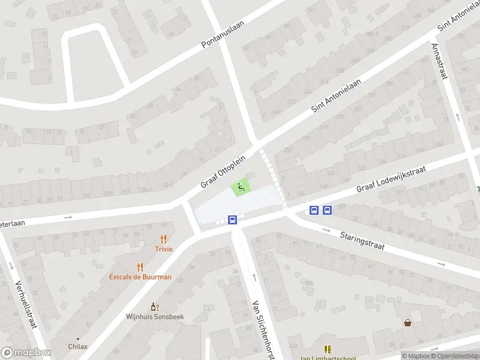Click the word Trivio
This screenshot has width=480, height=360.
pyautogui.click(x=164, y=249)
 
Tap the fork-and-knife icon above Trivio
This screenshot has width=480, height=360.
pyautogui.click(x=164, y=239)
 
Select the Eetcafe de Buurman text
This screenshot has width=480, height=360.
pyautogui.click(x=140, y=277)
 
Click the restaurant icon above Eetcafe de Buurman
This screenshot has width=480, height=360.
pyautogui.click(x=140, y=267)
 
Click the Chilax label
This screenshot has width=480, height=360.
pyautogui.click(x=77, y=346)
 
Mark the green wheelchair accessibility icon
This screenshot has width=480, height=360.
pyautogui.click(x=241, y=188)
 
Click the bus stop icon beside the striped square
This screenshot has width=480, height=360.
pyautogui.click(x=233, y=220)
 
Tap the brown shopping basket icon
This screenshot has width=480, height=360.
pyautogui.click(x=408, y=323)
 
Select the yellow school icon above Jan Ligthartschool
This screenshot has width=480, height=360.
pyautogui.click(x=328, y=349)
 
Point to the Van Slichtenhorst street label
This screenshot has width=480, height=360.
pyautogui.click(x=263, y=330)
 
